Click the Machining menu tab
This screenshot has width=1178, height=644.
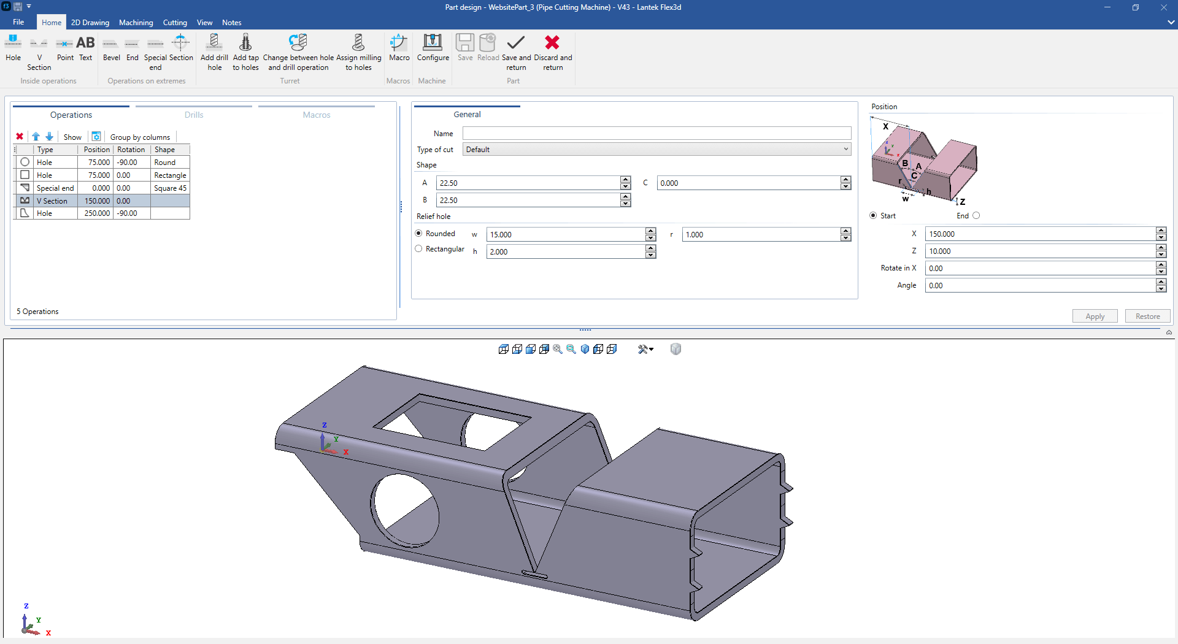136,23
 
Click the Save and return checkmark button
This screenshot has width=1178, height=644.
516,52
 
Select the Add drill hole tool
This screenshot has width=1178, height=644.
214,52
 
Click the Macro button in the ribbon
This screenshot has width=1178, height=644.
399,48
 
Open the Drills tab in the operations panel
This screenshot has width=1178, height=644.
194,115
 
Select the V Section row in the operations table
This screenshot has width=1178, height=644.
55,201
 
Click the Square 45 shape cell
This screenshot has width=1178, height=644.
170,188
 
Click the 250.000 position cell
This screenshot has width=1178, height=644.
97,213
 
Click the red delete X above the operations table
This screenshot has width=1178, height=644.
20,137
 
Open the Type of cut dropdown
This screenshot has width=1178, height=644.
656,150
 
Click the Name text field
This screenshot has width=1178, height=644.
656,134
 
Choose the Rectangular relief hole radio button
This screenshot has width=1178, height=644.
419,249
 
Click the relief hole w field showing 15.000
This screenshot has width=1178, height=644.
564,235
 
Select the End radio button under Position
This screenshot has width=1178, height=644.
976,216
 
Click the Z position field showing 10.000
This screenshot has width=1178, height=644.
1040,251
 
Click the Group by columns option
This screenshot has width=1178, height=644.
140,137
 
